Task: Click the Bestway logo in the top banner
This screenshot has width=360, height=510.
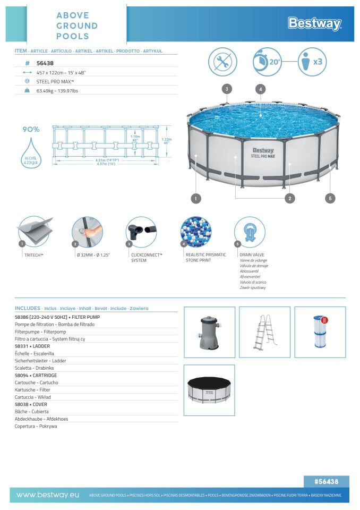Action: (314, 23)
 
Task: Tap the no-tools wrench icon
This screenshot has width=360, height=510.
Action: (223, 62)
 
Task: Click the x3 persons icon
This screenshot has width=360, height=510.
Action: (312, 62)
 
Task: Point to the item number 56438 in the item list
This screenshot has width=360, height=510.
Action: (44, 62)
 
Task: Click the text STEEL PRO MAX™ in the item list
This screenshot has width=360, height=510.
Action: (55, 81)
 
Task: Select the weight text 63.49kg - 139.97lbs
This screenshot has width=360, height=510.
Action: (57, 91)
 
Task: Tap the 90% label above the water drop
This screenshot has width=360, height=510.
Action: (31, 129)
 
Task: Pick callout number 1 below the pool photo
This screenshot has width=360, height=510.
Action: (196, 198)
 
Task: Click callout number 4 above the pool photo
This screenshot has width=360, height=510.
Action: (260, 89)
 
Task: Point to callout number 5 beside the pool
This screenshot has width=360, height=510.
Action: (330, 198)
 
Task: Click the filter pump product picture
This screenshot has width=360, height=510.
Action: (209, 331)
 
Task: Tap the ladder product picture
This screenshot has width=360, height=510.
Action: (264, 331)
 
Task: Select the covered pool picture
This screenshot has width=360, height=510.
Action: (209, 390)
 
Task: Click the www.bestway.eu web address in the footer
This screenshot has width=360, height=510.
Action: (48, 495)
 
